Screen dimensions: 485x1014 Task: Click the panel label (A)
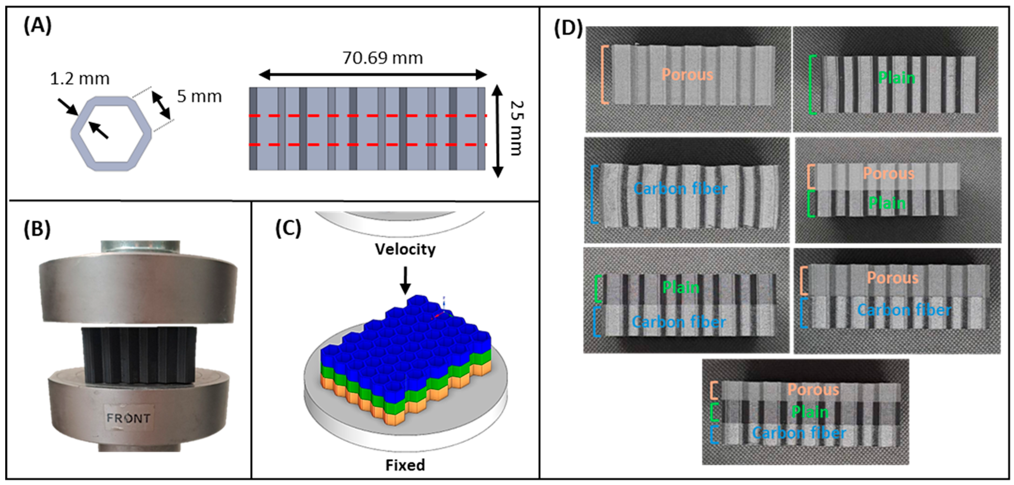pos(37,27)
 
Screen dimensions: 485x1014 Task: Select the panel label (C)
pos(288,229)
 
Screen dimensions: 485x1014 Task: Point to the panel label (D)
pos(568,28)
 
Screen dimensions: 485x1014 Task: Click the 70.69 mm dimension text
pos(383,58)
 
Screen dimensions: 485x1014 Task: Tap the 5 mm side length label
pos(199,96)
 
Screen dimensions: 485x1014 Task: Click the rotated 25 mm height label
pos(517,128)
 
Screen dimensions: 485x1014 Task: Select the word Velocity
pos(405,249)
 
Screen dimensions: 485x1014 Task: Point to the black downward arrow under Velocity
pos(405,280)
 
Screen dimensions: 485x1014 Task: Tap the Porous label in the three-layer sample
pos(813,390)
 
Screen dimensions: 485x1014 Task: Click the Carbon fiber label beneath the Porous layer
pos(904,310)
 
